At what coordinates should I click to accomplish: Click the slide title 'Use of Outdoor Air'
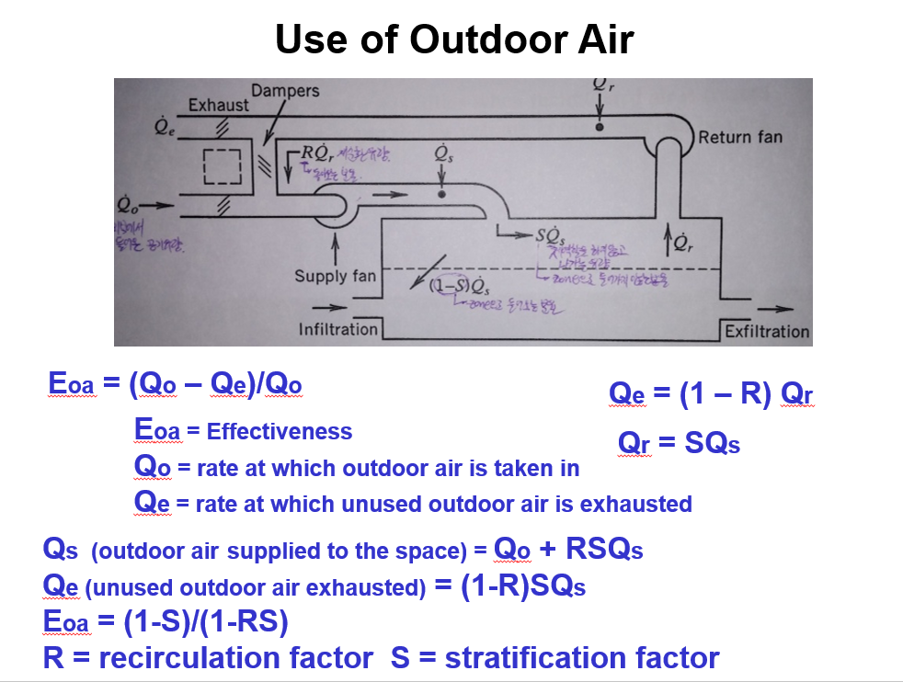click(454, 40)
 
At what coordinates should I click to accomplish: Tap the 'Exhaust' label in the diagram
click(218, 105)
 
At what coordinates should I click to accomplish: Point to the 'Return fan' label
click(740, 137)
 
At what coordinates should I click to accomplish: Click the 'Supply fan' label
click(335, 276)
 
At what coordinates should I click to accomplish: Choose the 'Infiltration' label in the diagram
click(338, 329)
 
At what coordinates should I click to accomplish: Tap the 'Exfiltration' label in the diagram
click(767, 331)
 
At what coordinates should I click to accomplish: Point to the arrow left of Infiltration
click(324, 307)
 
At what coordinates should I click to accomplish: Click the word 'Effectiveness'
click(280, 431)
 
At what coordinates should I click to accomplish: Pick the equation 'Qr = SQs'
click(680, 444)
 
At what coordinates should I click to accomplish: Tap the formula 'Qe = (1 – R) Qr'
click(711, 394)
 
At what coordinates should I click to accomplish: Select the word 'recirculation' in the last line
click(235, 658)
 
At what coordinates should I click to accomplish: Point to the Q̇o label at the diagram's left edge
click(130, 200)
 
